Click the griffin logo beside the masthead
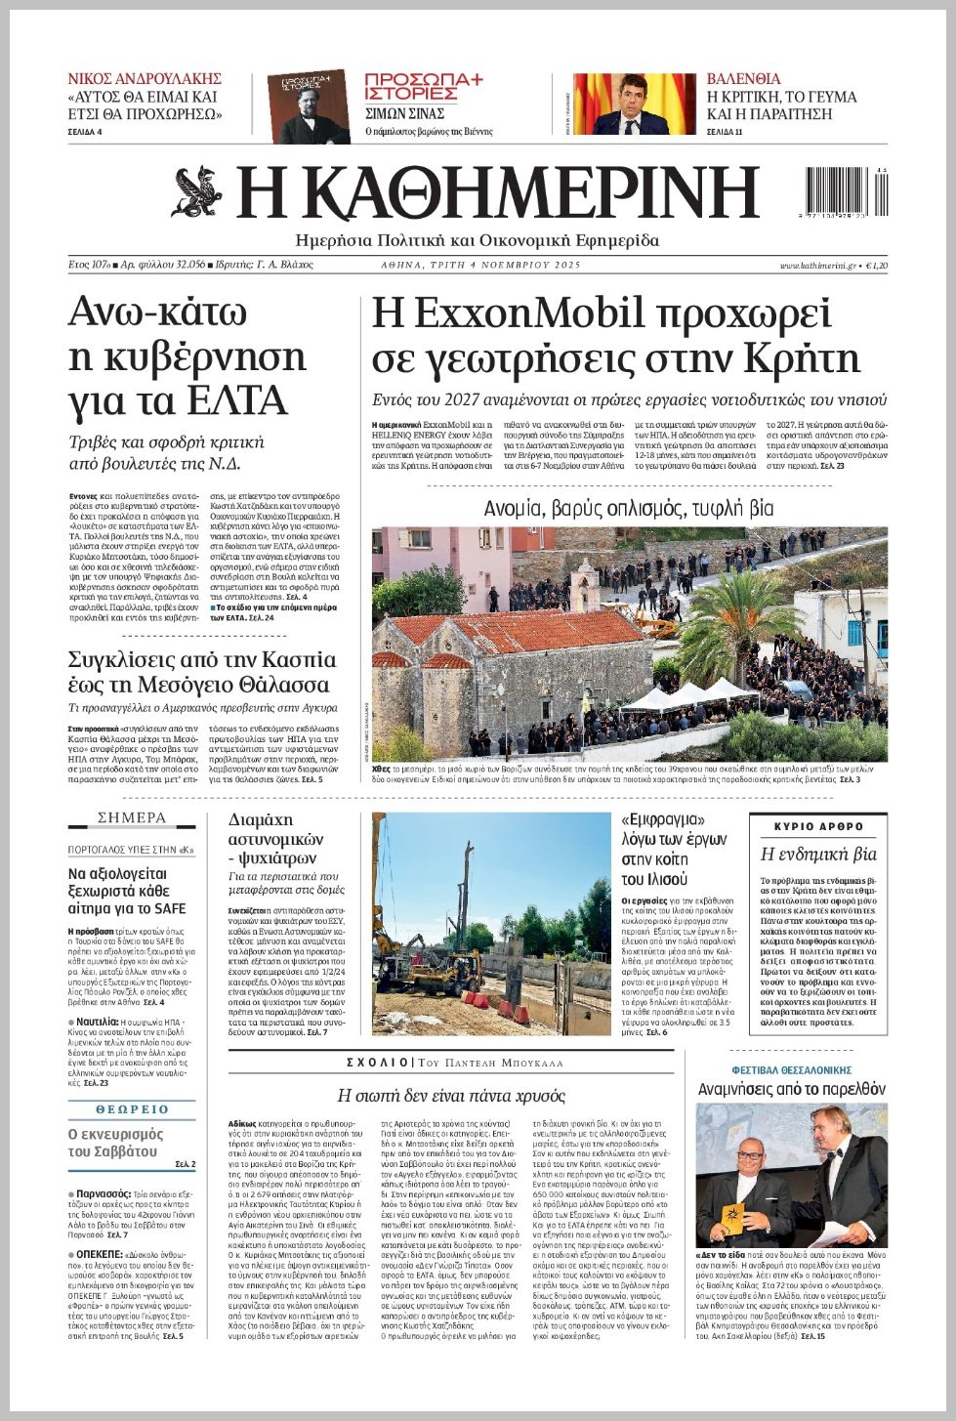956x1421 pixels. coord(197,192)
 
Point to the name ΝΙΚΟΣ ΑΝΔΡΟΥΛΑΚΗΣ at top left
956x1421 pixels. coord(145,78)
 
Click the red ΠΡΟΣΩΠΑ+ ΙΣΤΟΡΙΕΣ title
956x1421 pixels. coord(423,86)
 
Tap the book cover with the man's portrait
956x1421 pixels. coord(309,105)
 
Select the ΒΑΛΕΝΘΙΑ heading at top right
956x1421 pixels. coord(743,78)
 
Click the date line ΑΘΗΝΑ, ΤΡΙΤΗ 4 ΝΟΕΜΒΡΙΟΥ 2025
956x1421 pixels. coord(480,265)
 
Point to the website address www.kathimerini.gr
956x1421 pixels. coord(817,266)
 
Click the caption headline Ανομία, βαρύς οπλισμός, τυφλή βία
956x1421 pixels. coord(629,509)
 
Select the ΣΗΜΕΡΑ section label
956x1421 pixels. coord(132,817)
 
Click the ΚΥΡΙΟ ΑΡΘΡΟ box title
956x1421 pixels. coord(818,826)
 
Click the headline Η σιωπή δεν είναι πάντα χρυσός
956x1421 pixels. coord(451,1095)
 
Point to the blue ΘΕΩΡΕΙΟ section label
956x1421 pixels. coord(132,1109)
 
